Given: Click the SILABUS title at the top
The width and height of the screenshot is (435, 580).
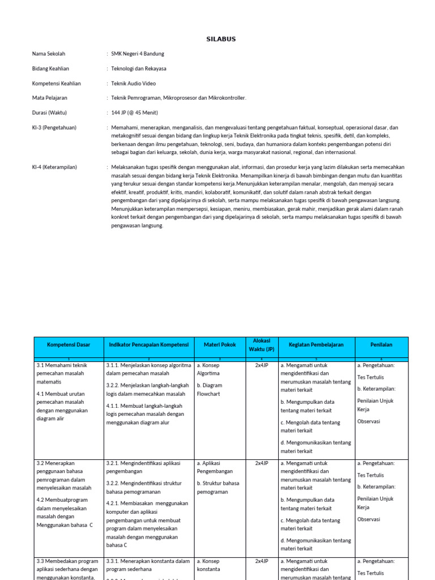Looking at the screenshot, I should tap(220, 39).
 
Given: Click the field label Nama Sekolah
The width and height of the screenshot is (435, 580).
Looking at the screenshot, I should tap(49, 54).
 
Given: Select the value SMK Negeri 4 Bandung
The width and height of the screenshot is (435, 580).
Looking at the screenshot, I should tap(138, 54).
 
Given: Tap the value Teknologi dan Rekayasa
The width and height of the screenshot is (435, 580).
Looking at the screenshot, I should tap(139, 69).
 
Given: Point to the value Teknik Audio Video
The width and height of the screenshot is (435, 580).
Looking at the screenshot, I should tap(133, 83).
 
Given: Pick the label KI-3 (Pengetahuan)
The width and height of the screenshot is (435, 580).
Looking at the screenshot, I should tap(54, 127).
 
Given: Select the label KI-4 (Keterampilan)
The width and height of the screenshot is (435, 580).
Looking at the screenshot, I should tap(55, 167).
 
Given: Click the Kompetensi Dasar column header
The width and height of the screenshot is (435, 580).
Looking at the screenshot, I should tap(69, 344).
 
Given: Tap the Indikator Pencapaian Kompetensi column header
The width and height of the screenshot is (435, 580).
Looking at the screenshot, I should tap(148, 344).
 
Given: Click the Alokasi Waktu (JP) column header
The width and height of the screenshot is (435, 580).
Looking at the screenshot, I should tap(261, 344).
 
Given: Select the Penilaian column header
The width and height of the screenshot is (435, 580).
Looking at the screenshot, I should tap(381, 344).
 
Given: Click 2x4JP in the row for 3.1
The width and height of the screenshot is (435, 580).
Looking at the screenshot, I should tap(261, 365).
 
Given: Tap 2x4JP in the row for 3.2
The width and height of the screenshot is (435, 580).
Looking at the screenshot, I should tap(261, 463).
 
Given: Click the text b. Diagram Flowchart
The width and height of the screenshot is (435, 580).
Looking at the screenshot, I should tap(210, 389).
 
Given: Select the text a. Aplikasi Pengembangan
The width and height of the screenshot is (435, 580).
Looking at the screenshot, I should tap(215, 467).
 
